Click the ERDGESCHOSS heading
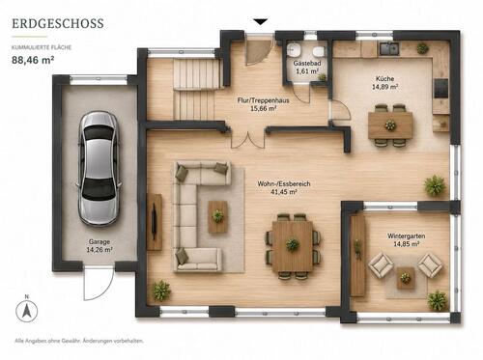tap(58, 23)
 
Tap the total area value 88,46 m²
tap(33, 60)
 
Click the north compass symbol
tap(27, 311)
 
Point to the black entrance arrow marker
tap(261, 22)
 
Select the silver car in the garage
tap(99, 169)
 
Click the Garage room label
tap(99, 241)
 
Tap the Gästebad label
tap(307, 64)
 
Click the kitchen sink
tap(389, 48)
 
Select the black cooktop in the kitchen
tap(441, 88)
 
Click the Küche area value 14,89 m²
tap(385, 87)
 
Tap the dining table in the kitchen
tap(390, 125)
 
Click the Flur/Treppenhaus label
tap(263, 100)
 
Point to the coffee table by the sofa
tap(218, 217)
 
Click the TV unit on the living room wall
tap(155, 222)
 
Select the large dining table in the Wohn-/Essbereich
tap(293, 246)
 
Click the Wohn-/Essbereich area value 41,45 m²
tap(284, 192)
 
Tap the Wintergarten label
tap(407, 235)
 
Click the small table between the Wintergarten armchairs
tap(406, 278)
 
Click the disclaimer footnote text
tap(79, 341)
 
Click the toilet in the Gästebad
tap(319, 50)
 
